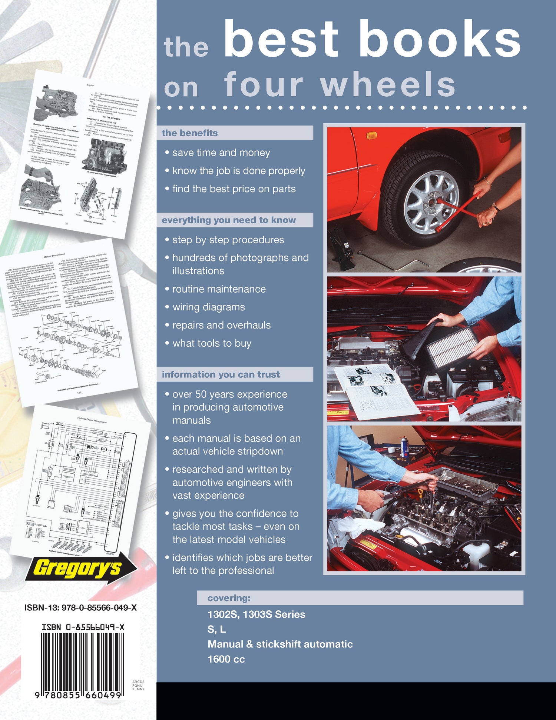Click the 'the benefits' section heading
click(x=190, y=133)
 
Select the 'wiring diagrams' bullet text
click(x=208, y=307)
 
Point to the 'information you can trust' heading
click(x=221, y=374)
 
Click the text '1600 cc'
click(x=226, y=659)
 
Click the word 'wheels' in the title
click(x=387, y=85)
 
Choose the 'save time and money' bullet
click(x=221, y=153)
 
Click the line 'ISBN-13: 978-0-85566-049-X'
click(x=80, y=608)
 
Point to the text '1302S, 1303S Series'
click(x=256, y=614)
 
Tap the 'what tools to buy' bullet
click(x=212, y=343)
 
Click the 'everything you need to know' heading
click(x=229, y=220)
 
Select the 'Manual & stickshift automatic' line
click(x=280, y=644)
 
